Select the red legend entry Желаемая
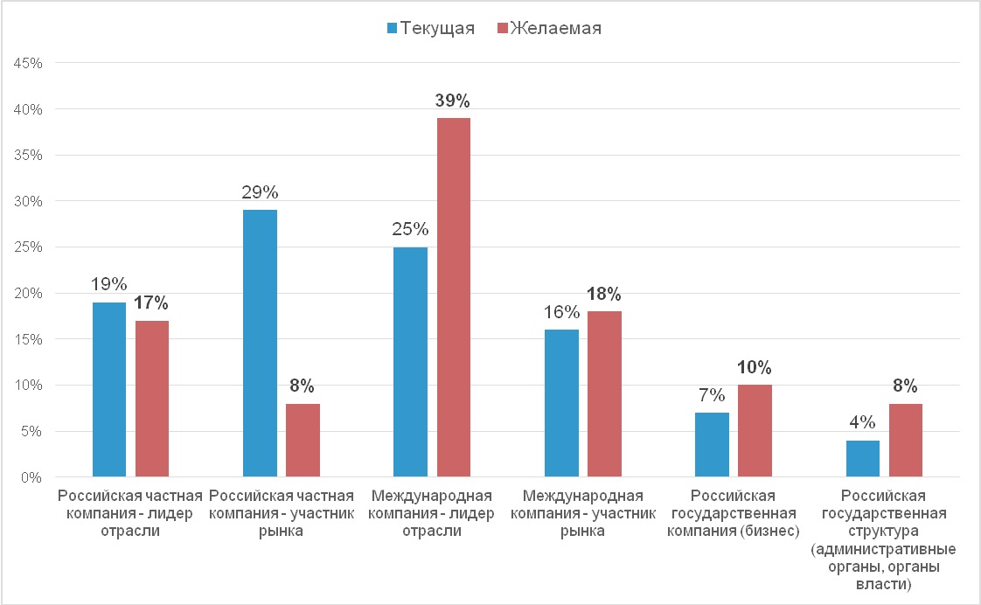548,28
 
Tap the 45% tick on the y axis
31,63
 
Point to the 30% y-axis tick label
31,201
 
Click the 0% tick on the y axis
35,477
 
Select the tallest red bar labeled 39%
454,297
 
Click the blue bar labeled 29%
261,344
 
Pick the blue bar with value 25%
410,362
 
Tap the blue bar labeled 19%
109,390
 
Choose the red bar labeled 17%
152,399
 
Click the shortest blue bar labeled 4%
862,459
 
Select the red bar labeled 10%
755,431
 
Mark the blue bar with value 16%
561,403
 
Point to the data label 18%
605,293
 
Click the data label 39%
454,100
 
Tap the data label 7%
712,394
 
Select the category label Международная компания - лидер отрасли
432,513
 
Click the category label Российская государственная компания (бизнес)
734,513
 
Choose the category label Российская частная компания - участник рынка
282,513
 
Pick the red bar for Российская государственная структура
905,441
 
